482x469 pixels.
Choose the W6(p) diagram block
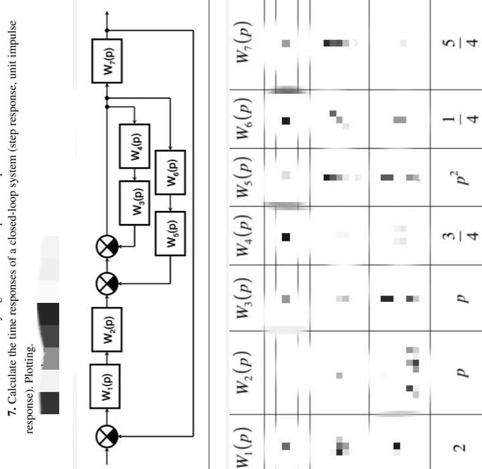pos(170,172)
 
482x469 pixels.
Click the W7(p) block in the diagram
pos(107,61)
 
